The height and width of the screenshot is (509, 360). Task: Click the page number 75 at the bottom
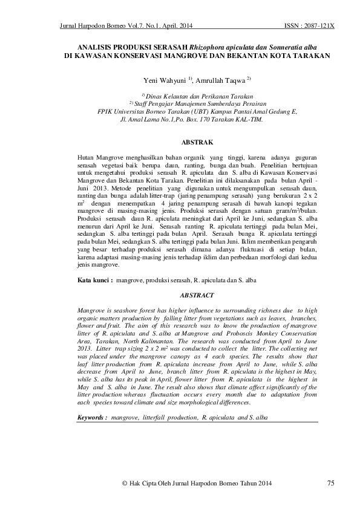click(330, 482)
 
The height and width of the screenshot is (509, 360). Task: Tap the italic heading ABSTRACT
click(197, 295)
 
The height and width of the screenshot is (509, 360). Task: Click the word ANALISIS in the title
click(97, 46)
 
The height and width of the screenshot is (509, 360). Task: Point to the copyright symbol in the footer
click(125, 483)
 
